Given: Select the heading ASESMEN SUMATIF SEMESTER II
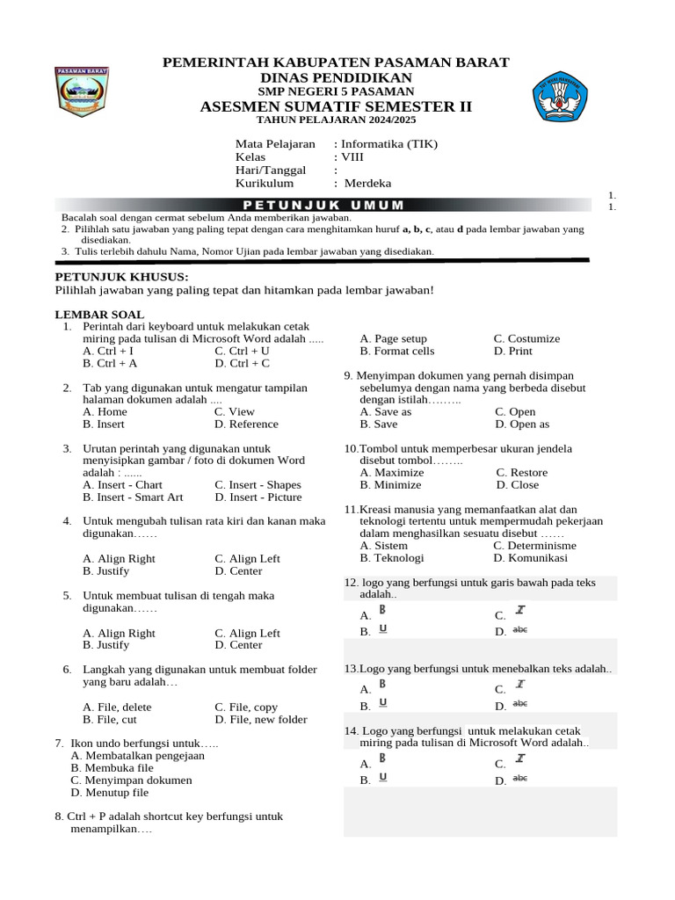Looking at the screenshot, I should tap(336, 107).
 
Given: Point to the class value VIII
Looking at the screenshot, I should tap(352, 157).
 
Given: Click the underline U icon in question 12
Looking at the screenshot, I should tap(383, 628).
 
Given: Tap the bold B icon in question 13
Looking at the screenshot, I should tap(382, 683).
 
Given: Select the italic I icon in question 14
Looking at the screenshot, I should tap(520, 758).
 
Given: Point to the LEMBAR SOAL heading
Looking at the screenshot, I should tap(99, 315).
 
